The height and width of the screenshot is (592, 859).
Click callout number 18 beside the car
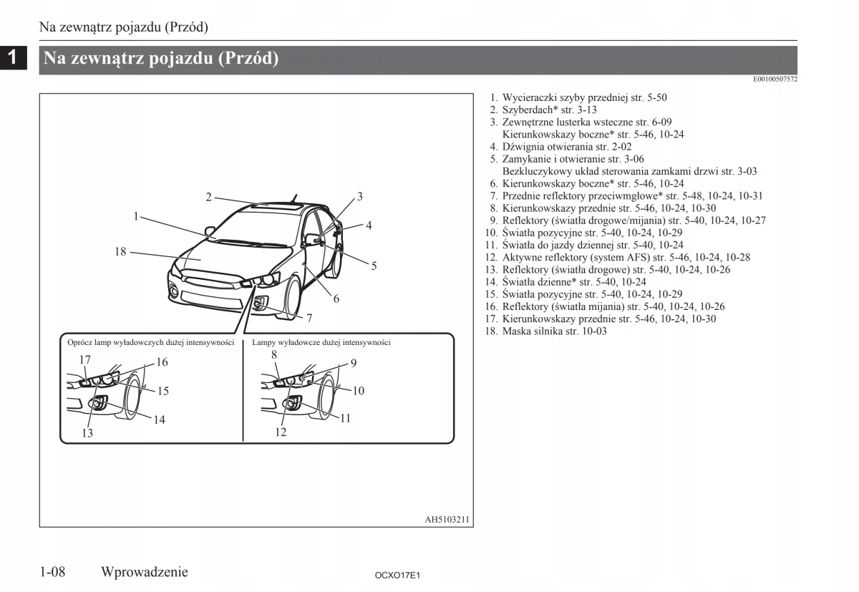[x=120, y=251]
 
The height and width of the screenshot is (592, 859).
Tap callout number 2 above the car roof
[x=208, y=198]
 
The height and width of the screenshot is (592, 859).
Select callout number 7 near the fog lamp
[x=309, y=317]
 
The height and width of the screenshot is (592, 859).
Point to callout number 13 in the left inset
[x=87, y=432]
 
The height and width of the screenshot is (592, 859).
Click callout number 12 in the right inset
[x=281, y=432]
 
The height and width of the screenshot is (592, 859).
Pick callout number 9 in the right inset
[x=353, y=363]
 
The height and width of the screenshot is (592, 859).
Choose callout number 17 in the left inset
[x=84, y=359]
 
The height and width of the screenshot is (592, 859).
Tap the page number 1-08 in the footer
[x=53, y=571]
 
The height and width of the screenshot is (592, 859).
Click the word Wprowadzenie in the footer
[x=145, y=571]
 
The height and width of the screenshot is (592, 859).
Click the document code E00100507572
[x=775, y=79]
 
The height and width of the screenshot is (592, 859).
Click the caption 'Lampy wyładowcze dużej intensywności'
[x=321, y=343]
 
